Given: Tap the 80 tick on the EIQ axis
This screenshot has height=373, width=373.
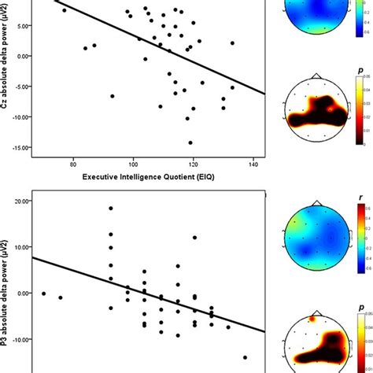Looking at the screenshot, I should pyautogui.click(x=73, y=163).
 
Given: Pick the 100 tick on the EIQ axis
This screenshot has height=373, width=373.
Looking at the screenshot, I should pyautogui.click(x=133, y=163).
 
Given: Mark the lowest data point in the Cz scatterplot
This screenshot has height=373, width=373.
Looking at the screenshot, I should pyautogui.click(x=190, y=143).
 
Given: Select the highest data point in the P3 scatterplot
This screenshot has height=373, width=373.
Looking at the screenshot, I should pyautogui.click(x=111, y=209).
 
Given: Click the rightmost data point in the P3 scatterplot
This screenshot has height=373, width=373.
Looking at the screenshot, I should pyautogui.click(x=245, y=334).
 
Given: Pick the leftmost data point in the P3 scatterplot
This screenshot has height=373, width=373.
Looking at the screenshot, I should pyautogui.click(x=44, y=294).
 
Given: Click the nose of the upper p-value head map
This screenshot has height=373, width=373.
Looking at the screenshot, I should pyautogui.click(x=316, y=76).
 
